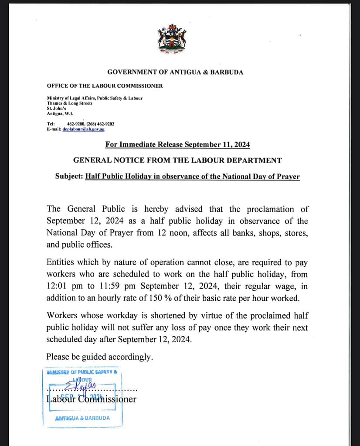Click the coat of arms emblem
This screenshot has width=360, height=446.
(172, 39)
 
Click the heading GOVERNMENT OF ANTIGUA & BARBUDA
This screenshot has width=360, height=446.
(175, 72)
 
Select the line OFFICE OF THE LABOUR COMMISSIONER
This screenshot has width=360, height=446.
(105, 86)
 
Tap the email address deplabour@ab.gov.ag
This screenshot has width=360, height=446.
(83, 129)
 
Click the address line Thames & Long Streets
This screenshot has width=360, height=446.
(69, 103)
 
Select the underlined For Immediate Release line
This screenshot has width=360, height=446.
(177, 144)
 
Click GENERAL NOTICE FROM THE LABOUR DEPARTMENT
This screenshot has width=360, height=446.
(177, 160)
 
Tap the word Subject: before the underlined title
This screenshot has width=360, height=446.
(69, 177)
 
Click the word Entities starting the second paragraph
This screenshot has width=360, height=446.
(61, 263)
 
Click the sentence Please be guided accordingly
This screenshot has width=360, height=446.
(100, 357)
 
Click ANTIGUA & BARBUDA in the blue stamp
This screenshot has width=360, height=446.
(83, 418)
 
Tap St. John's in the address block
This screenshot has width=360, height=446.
(56, 108)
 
